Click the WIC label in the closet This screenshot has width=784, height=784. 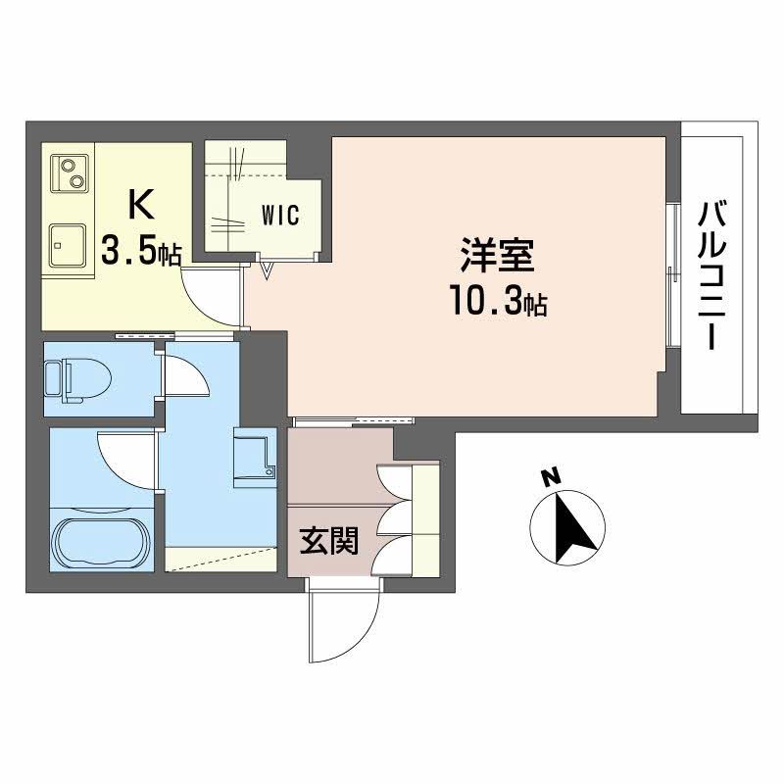click(x=278, y=215)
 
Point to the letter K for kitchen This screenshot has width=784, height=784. click(x=141, y=206)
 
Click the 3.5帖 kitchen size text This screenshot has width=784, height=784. click(x=141, y=252)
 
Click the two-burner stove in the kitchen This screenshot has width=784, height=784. click(x=70, y=173)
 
